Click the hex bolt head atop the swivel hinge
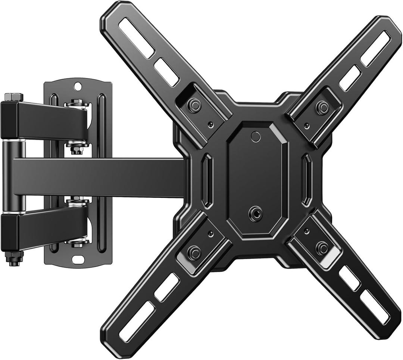14,97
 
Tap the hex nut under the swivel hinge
14,258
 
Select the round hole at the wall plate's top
78,86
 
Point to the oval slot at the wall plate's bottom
78,259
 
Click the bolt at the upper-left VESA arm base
194,106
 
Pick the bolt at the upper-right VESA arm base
322,107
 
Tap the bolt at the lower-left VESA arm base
194,252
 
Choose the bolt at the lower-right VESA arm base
322,248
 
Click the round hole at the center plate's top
256,136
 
